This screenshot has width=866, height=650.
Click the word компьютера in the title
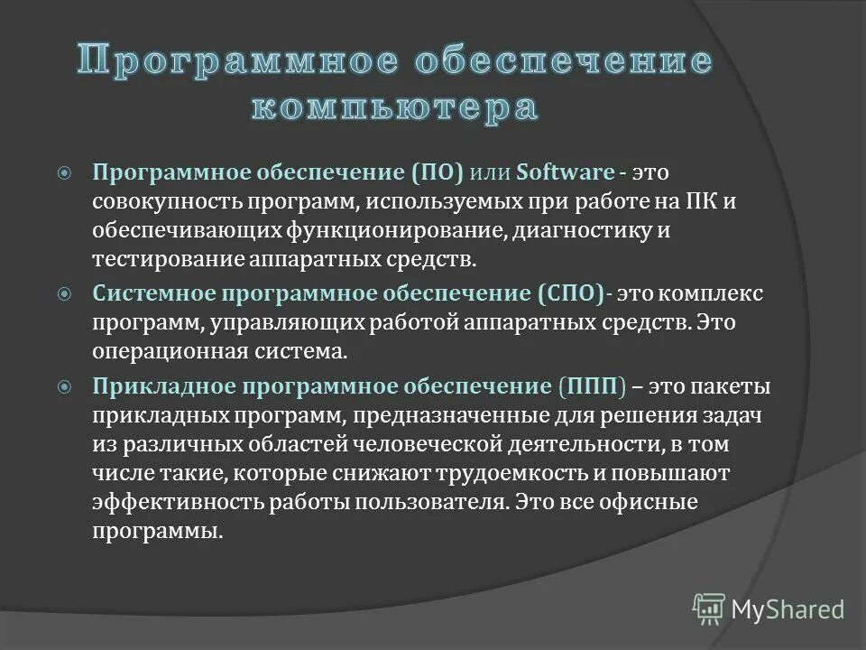[x=393, y=107]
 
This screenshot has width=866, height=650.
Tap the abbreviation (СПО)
[x=572, y=293]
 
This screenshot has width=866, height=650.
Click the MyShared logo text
[x=788, y=609]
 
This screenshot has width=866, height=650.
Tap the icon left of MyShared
[x=709, y=609]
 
